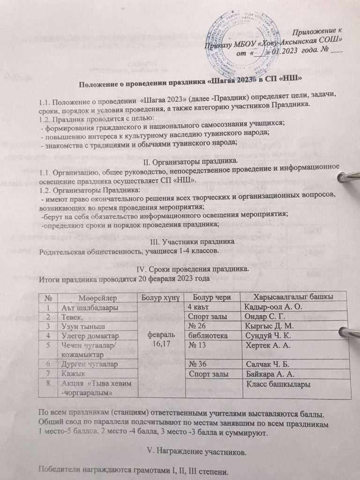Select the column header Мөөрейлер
coord(92,297)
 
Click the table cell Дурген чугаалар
coord(89,364)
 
